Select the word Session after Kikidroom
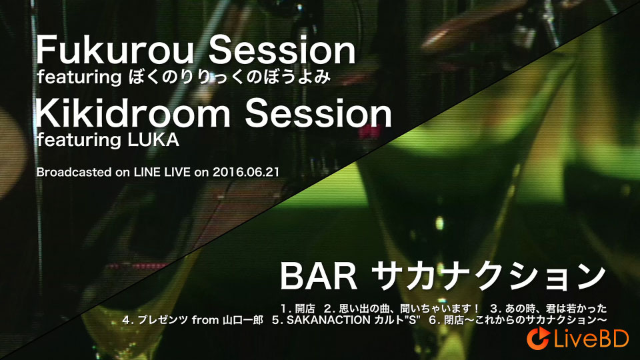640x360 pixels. click(319, 113)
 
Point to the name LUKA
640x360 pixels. click(153, 140)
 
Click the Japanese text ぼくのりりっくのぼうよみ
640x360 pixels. click(229, 77)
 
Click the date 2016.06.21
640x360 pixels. click(246, 172)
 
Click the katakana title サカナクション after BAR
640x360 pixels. click(490, 276)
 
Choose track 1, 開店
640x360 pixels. click(297, 308)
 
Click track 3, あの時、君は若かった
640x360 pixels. click(549, 308)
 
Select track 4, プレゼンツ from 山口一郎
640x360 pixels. click(193, 320)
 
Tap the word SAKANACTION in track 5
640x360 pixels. click(329, 320)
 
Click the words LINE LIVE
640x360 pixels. click(162, 172)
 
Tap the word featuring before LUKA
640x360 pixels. click(79, 140)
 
